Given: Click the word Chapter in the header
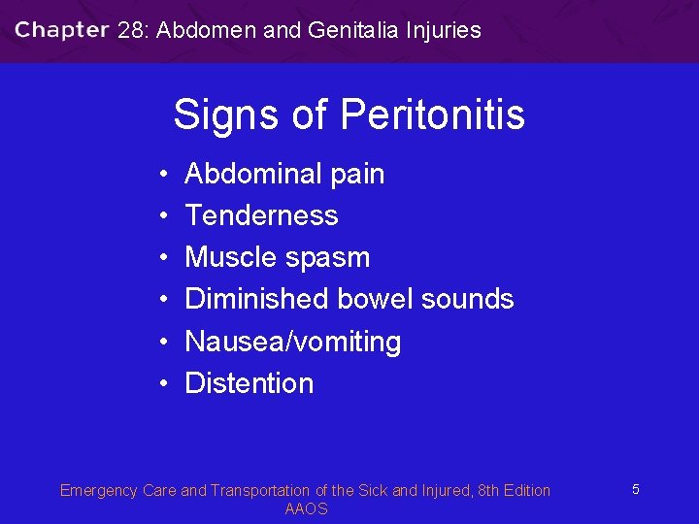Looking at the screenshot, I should point(61,30).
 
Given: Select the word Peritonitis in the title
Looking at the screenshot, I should point(433,115).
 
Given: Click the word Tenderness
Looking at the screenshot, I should point(261,215).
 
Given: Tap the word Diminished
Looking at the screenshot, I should point(258,299).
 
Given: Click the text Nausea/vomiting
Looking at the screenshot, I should point(292,342).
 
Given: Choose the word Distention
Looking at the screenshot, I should point(249,383).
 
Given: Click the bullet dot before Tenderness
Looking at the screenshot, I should point(165,215).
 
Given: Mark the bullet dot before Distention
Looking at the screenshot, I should point(165,383).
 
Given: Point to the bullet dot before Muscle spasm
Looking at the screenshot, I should point(165,257).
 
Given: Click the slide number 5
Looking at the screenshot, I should point(635,490).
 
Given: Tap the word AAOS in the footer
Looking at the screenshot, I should point(306,508).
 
